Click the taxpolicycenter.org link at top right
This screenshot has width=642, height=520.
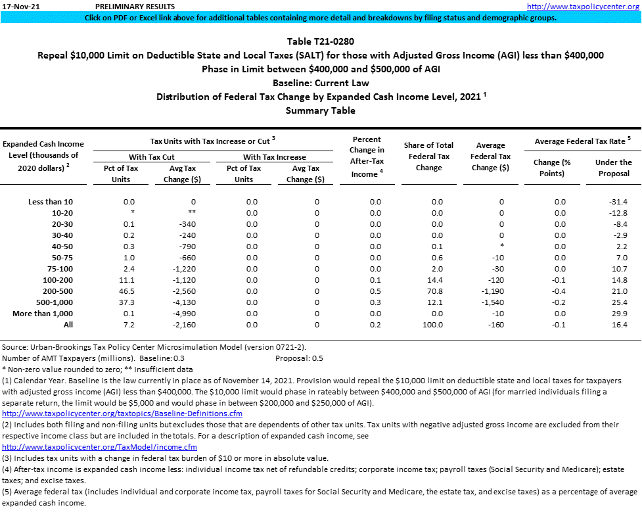tap(583, 7)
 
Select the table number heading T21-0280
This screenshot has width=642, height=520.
tap(321, 41)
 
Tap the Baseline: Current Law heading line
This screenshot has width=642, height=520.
tap(321, 83)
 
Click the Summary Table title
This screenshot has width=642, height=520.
tap(321, 110)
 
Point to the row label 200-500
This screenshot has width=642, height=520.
tap(60, 291)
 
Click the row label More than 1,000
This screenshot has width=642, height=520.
tap(43, 314)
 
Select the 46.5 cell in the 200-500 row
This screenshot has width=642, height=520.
tap(129, 291)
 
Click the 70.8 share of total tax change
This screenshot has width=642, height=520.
tap(437, 291)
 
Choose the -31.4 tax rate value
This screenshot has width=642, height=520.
tap(618, 202)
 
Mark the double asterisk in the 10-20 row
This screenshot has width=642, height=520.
tap(193, 213)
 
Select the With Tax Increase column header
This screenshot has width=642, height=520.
tap(274, 157)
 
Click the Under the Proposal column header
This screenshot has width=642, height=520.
tap(613, 168)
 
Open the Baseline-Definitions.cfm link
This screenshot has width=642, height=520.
tap(123, 414)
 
